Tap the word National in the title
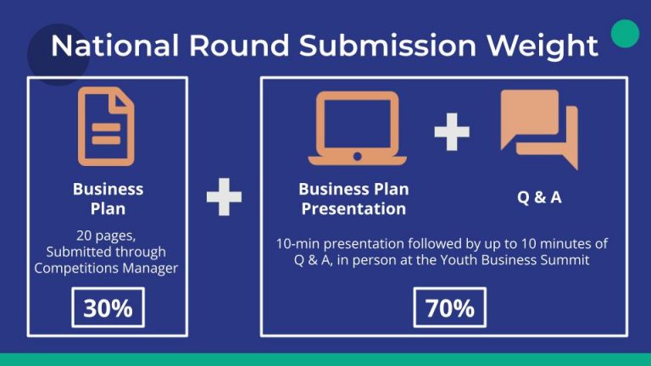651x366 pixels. pos(114,46)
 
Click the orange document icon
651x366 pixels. pos(107,125)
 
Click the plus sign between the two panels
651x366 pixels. pos(224,197)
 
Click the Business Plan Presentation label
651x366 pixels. pos(353,198)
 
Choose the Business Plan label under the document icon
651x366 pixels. pos(108,198)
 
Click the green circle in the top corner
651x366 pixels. pos(625,34)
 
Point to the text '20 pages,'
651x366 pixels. pos(108,236)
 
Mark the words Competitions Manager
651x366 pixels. pos(108,268)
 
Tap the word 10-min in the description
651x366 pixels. pos(297,244)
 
